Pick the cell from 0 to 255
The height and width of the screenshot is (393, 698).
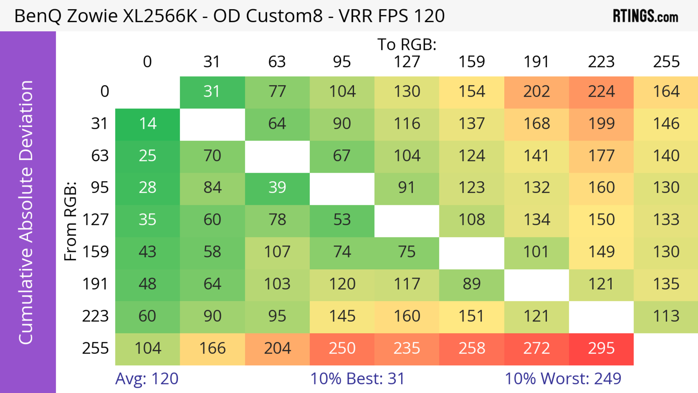(666, 92)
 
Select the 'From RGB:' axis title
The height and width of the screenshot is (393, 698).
(71, 221)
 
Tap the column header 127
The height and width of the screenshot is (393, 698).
(407, 62)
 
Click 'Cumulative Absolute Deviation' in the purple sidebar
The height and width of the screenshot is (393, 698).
(26, 212)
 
